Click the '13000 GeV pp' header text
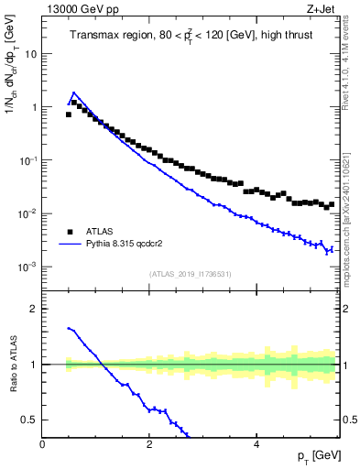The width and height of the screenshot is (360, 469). (x=79, y=8)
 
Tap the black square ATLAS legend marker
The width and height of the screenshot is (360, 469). (x=70, y=232)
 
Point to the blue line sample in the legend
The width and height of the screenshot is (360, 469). (x=70, y=245)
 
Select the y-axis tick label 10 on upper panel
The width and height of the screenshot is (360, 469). (x=31, y=53)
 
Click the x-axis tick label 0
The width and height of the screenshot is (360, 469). (x=42, y=442)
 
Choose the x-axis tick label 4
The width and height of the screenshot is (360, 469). (x=256, y=442)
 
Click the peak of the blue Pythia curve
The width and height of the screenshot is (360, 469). (x=73, y=93)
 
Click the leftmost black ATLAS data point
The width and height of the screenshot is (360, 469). (x=68, y=115)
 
